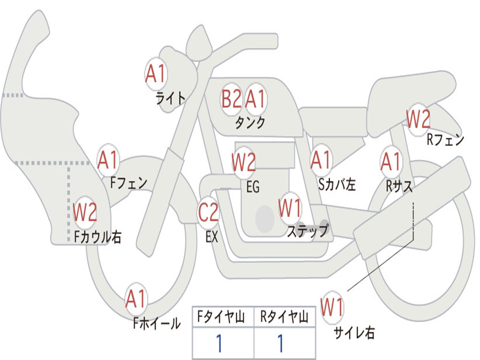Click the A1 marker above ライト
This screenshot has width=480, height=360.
(156, 73)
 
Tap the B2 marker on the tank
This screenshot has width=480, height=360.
(232, 99)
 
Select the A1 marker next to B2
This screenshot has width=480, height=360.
(255, 99)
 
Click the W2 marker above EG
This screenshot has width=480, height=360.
(244, 162)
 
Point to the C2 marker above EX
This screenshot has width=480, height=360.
(208, 212)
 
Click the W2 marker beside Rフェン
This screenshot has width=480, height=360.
(418, 120)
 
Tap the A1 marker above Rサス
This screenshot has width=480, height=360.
(391, 162)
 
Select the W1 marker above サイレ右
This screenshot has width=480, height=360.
(332, 307)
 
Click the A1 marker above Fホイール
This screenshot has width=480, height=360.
(136, 299)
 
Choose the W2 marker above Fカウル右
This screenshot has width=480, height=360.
(85, 212)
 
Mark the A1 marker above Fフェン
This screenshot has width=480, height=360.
(108, 160)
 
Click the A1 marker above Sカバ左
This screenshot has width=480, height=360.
(322, 160)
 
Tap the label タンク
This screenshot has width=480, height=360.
(250, 123)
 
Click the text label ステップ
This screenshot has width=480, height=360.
(307, 231)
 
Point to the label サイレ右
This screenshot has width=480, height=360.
(354, 333)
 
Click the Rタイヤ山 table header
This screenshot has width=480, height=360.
(284, 318)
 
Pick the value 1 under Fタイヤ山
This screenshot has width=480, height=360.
(219, 344)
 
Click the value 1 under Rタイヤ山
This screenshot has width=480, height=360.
(280, 344)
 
